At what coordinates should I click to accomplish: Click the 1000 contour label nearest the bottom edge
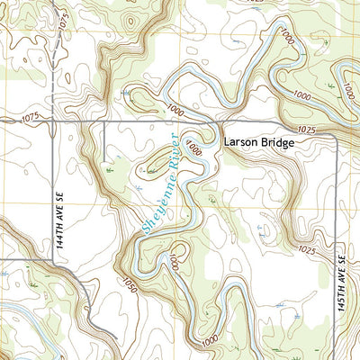(210, 340)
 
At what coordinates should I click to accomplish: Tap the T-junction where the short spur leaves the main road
(104, 121)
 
